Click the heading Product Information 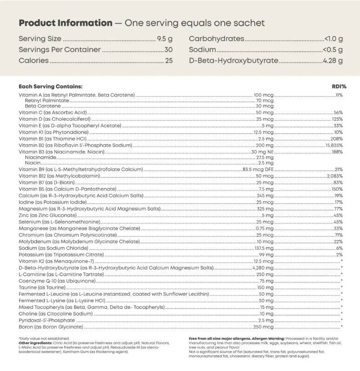(x=65, y=23)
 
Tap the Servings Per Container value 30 (x=168, y=50)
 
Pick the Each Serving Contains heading (x=51, y=86)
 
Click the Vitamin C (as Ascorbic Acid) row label (x=52, y=112)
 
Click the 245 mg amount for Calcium (x=265, y=195)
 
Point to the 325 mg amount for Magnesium (x=265, y=209)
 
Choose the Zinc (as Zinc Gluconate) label (x=48, y=215)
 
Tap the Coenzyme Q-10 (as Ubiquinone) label (x=57, y=281)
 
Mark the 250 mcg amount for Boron (x=263, y=326)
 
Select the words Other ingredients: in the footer (x=35, y=343)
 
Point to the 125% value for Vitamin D (x=337, y=119)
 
